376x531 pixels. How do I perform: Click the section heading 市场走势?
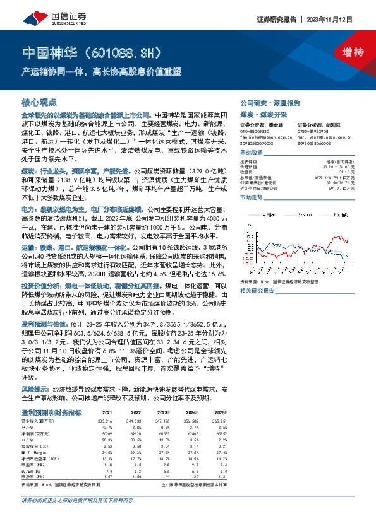click(x=253, y=197)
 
